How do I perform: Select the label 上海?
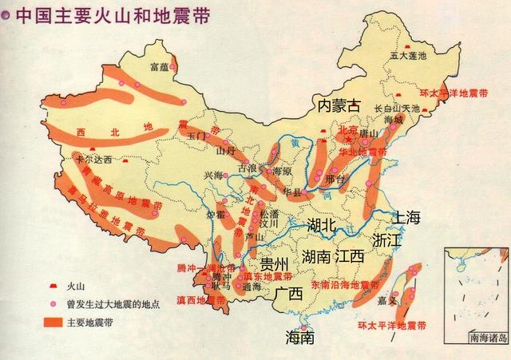tap(402, 217)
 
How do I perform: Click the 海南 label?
tap(299, 338)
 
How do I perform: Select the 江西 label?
tap(350, 256)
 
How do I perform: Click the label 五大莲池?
tap(407, 55)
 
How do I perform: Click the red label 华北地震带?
tap(362, 151)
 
